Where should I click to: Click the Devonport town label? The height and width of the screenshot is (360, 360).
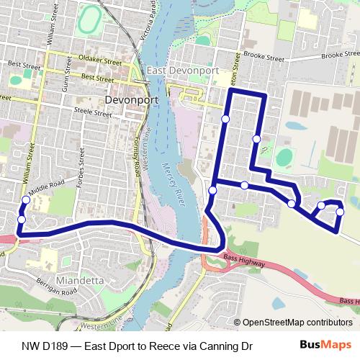(x=131, y=100)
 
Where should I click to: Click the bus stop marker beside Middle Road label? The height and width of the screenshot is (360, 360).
(x=26, y=200)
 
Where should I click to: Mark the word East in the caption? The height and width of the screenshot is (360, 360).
(x=97, y=345)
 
